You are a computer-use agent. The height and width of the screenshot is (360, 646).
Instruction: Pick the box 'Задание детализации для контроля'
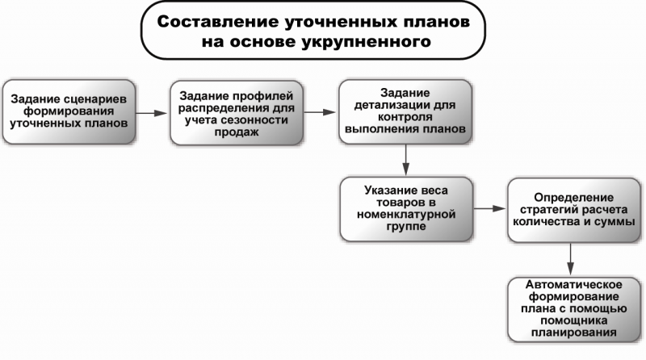pyautogui.click(x=404, y=111)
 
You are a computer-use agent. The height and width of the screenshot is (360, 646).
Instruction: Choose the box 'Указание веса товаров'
pyautogui.click(x=406, y=208)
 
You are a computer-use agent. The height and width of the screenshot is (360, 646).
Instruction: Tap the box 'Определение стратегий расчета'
pyautogui.click(x=574, y=210)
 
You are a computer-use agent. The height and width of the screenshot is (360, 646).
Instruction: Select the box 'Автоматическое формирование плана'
pyautogui.click(x=573, y=308)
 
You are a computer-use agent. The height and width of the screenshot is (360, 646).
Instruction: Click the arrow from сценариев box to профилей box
pyautogui.click(x=151, y=112)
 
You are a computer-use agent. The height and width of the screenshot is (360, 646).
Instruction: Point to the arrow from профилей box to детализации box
pyautogui.click(x=320, y=111)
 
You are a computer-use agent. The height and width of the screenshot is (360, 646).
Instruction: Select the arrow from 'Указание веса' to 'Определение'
pyautogui.click(x=489, y=209)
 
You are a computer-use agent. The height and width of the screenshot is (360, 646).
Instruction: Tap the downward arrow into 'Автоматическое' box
pyautogui.click(x=573, y=259)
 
